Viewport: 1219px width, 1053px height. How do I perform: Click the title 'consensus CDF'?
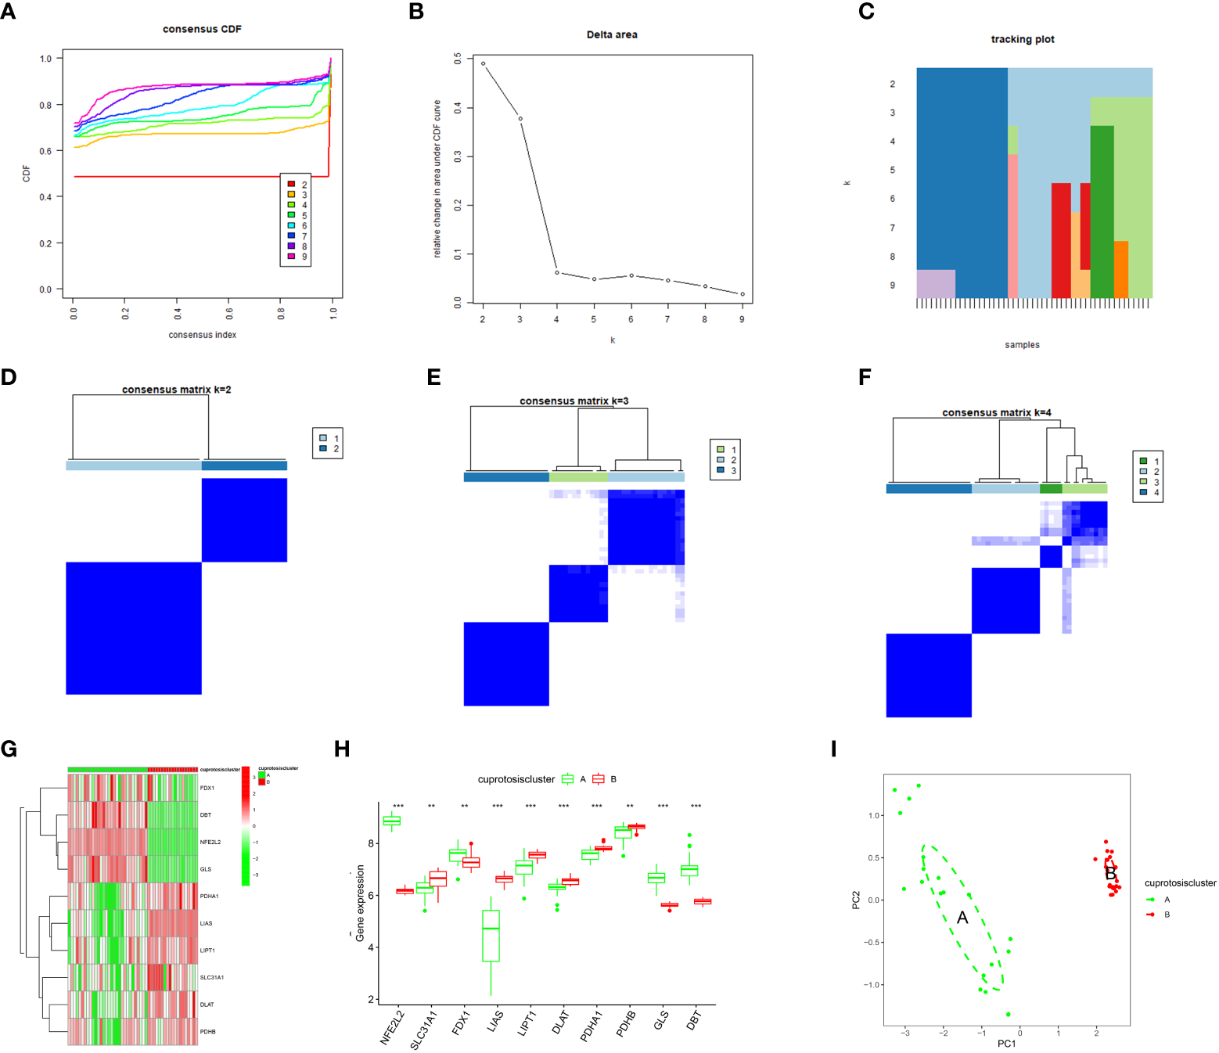(x=202, y=29)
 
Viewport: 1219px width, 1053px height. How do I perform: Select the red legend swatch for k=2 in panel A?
(x=291, y=185)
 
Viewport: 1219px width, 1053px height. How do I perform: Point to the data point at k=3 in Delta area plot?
(x=520, y=119)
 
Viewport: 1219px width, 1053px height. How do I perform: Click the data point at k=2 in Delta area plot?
(x=483, y=63)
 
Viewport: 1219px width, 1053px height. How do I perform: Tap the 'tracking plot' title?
(x=1022, y=39)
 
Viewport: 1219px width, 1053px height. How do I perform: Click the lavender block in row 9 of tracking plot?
(x=936, y=283)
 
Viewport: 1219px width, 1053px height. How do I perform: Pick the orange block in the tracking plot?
(x=1120, y=269)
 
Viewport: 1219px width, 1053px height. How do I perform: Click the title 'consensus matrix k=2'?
(x=176, y=390)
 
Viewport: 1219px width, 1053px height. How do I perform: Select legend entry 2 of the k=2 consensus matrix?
(x=323, y=449)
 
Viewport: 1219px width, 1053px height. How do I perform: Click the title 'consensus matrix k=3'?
(x=574, y=401)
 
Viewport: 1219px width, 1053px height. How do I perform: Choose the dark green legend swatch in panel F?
(x=1143, y=461)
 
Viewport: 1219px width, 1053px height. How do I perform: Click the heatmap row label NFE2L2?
(x=210, y=843)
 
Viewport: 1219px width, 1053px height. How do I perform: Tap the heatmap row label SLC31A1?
(x=211, y=977)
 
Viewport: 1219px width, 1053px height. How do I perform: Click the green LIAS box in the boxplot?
(x=491, y=935)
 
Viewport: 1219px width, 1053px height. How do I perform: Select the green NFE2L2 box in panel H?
(x=391, y=821)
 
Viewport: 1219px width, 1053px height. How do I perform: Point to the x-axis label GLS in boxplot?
(x=661, y=1020)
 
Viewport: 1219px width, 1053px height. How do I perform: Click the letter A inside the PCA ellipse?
(x=962, y=918)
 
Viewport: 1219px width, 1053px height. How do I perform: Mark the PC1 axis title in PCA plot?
(x=1006, y=1044)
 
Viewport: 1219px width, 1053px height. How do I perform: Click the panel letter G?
(x=9, y=749)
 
